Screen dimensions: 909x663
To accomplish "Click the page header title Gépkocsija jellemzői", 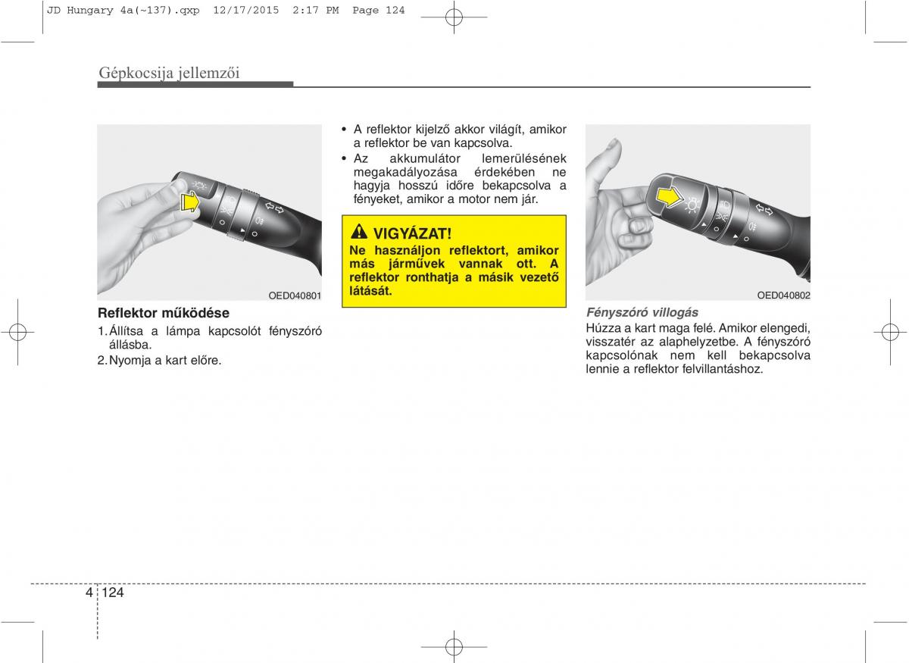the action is (x=169, y=73).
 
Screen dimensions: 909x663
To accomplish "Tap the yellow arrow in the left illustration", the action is (x=190, y=202).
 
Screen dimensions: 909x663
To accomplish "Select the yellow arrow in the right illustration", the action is (x=670, y=198).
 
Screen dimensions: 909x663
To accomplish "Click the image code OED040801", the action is (x=295, y=296).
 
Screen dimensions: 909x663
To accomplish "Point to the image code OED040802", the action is (x=783, y=296).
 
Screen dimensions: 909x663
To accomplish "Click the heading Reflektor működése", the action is (x=164, y=313).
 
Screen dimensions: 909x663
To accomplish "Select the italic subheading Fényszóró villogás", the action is (x=642, y=313).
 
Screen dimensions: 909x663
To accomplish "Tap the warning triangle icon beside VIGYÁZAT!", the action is (x=359, y=232).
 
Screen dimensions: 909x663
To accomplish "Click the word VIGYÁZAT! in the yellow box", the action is (x=412, y=234).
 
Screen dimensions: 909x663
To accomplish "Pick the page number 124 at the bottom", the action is (x=113, y=593).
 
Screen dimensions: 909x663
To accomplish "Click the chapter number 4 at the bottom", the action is (x=89, y=593).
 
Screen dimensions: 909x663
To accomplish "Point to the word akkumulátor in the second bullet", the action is (x=425, y=158).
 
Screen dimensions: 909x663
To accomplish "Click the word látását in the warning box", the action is (x=370, y=291).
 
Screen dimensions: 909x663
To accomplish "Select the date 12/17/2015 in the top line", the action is (x=246, y=11).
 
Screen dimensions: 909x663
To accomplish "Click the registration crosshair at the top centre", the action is (x=454, y=17).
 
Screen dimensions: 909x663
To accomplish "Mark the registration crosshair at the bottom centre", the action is (x=454, y=647).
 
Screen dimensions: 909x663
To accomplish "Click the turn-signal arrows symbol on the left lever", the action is (x=275, y=208).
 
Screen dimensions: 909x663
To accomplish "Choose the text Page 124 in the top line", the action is (x=378, y=11).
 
